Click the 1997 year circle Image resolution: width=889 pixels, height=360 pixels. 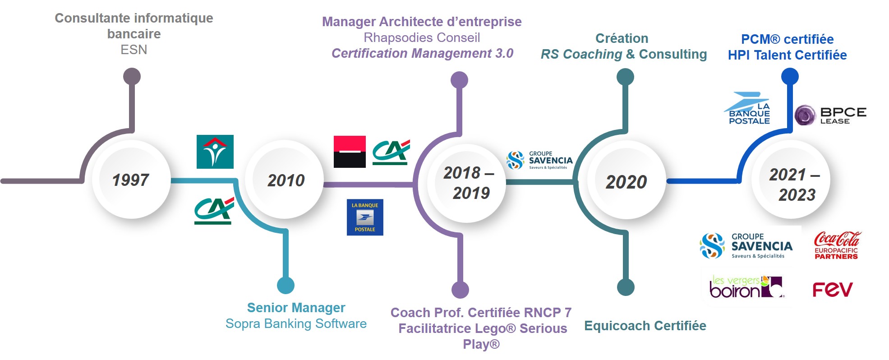pos(131,180)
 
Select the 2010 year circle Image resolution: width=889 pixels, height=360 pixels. pos(285,180)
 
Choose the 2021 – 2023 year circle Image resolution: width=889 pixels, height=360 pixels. pos(791,180)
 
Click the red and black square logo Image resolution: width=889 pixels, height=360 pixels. pos(350,152)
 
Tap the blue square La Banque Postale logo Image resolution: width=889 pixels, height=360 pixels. pos(365,217)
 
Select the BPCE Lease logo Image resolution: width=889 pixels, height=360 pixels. pos(830,115)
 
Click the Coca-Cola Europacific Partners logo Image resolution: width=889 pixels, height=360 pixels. pos(837,245)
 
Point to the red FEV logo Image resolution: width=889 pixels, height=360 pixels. pos(833,290)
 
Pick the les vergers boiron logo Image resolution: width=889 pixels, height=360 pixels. pos(747,287)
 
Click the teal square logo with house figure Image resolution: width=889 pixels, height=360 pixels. pos(215,152)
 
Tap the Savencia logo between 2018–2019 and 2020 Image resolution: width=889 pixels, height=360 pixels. pos(539,160)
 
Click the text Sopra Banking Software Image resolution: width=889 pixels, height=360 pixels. pos(296,323)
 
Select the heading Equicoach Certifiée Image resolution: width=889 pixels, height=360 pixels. pos(645,326)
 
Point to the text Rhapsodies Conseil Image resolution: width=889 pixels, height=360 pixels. pos(422,37)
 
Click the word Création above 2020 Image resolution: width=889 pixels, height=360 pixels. pos(622,38)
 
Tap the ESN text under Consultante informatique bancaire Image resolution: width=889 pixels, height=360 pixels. pos(134,50)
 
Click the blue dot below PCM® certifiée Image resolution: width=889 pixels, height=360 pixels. pos(790,77)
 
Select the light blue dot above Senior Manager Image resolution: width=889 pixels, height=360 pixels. pos(286,285)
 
